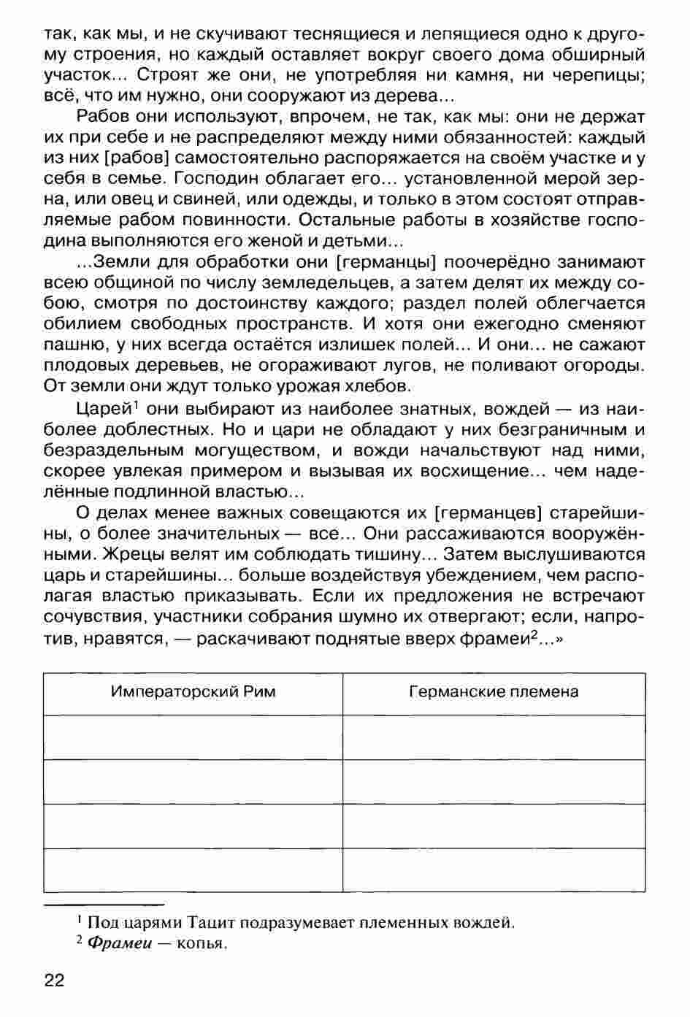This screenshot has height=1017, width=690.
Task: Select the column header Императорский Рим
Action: [193, 691]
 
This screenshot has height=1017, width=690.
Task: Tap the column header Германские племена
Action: [494, 691]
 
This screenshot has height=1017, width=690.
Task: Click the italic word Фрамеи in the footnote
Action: [119, 943]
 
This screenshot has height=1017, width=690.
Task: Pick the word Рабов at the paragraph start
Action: [102, 118]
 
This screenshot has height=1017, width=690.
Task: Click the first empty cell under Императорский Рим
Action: [193, 737]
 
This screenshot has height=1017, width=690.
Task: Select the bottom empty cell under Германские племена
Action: [494, 870]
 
